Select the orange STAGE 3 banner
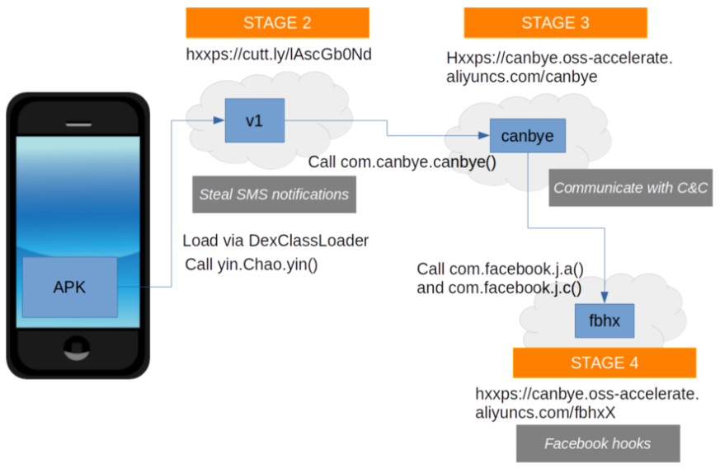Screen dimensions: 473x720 pos(555,22)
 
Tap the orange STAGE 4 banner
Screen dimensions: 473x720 pos(604,363)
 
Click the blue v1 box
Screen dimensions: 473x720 pos(254,120)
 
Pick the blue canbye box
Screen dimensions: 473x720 pos(527,134)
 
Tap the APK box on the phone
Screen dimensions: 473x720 pos(69,288)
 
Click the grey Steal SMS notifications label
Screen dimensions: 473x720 pos(274,195)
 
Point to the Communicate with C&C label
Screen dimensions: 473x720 pos(632,188)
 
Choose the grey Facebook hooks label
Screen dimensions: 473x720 pos(597,443)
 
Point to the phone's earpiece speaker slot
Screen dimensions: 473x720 pos(78,124)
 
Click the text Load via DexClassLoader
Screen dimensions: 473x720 pos(275,241)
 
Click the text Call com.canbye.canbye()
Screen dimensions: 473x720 pos(402,162)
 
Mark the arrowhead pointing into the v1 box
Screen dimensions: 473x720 pos(219,120)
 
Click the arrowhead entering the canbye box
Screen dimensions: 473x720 pos(484,134)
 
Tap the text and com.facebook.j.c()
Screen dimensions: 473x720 pos(499,288)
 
